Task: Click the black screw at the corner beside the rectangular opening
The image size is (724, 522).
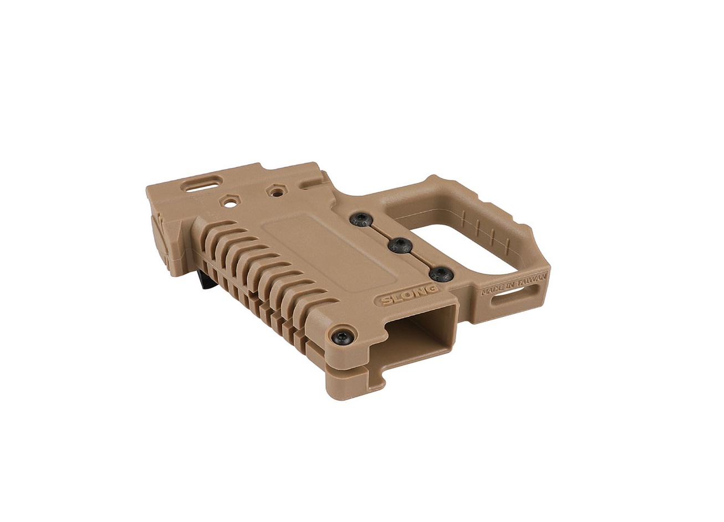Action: click(x=344, y=338)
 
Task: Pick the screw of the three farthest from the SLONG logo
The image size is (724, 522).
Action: click(x=360, y=219)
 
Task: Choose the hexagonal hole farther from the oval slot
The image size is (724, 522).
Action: click(x=276, y=191)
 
